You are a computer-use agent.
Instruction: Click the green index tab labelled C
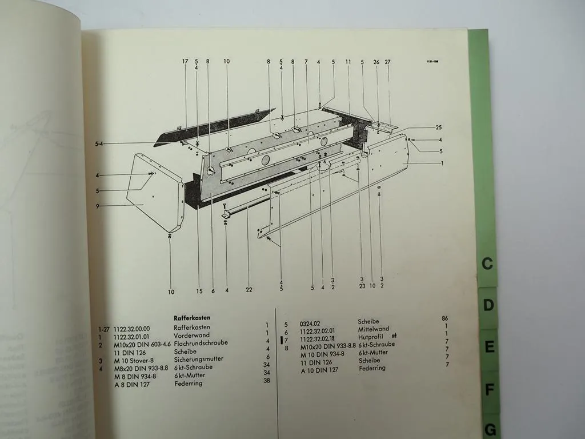coord(487,264)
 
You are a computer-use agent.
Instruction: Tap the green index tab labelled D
coord(488,305)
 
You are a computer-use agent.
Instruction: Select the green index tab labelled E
coord(490,347)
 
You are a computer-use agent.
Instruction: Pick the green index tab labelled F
coord(490,390)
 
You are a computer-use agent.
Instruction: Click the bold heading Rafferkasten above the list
coord(193,318)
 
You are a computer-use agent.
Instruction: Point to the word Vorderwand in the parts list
coord(191,335)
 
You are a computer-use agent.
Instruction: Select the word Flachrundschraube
coord(201,343)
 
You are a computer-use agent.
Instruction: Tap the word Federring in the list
coord(188,384)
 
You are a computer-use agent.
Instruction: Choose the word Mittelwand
coord(373,329)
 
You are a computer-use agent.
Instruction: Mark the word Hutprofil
coord(370,337)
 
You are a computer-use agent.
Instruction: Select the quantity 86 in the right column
coord(445,318)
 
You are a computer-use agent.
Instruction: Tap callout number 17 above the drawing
coord(185,61)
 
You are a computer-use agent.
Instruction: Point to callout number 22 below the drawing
coord(249,290)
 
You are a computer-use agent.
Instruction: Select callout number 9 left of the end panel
coord(98,206)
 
